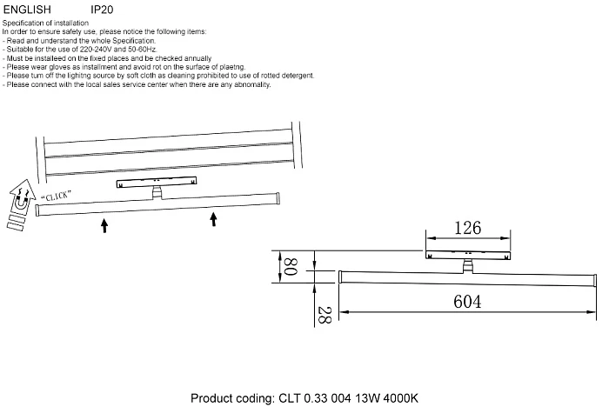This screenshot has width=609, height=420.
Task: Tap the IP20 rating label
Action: (103, 12)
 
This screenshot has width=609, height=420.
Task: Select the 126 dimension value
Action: (468, 230)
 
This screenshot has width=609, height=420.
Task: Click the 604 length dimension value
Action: (468, 301)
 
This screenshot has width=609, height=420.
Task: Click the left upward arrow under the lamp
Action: (104, 226)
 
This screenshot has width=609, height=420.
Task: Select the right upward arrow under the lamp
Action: (213, 218)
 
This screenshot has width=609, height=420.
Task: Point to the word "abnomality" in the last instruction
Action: (251, 84)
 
